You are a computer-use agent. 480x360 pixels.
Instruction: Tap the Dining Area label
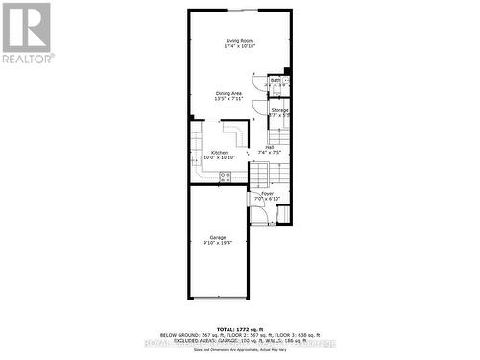click(x=228, y=93)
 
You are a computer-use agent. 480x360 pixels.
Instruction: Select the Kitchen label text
click(x=219, y=152)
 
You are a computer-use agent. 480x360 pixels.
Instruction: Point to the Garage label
click(x=218, y=237)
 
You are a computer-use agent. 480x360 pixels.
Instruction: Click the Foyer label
click(x=267, y=194)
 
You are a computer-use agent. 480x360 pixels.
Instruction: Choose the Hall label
click(x=270, y=147)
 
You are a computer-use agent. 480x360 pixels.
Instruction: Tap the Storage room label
click(x=279, y=110)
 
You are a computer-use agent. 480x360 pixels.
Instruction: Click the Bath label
click(x=276, y=80)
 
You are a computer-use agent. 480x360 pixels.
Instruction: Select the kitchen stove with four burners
click(x=226, y=176)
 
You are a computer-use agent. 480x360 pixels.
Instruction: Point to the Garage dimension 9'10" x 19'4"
click(x=218, y=243)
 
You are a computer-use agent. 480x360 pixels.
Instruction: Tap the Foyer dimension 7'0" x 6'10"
click(x=267, y=199)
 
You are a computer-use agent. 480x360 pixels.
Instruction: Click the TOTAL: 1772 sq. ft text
click(x=238, y=328)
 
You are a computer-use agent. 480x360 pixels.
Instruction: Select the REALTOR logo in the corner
click(x=26, y=33)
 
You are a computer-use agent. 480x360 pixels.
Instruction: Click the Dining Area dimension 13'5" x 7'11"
click(x=228, y=99)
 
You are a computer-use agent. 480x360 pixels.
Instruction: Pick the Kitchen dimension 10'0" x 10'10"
click(x=219, y=157)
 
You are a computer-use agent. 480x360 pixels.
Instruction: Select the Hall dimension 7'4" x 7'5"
click(x=270, y=153)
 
